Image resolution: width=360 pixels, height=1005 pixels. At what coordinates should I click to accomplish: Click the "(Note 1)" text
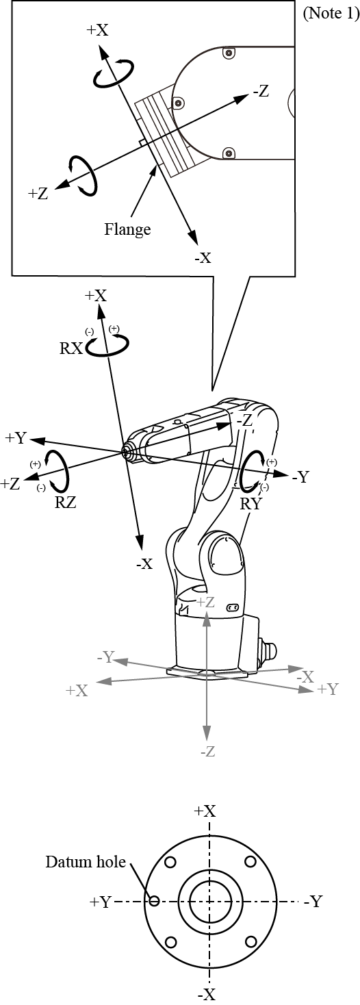tap(331, 13)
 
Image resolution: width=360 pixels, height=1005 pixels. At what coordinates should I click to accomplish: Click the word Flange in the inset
tap(127, 229)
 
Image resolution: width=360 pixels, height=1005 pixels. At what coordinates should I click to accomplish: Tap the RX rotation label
tap(71, 348)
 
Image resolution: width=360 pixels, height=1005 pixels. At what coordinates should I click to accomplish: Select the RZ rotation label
tap(66, 502)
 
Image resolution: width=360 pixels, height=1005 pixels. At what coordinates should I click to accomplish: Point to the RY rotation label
tap(250, 503)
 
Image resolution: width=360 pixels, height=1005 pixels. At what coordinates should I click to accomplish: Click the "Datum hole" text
tap(85, 861)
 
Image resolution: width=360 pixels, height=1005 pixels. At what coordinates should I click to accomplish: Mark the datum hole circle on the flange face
tap(154, 900)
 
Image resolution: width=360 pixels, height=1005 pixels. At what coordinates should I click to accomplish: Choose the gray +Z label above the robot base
tap(205, 602)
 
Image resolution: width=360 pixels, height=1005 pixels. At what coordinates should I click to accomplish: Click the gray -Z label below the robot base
tap(208, 751)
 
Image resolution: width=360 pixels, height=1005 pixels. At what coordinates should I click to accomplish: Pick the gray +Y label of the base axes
tap(328, 689)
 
